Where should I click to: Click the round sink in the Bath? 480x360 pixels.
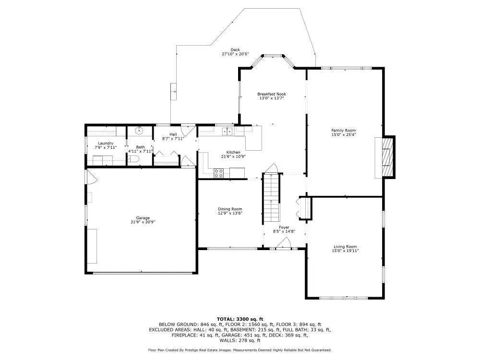click(139, 131)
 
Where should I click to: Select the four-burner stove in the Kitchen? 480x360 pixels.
click(218, 173)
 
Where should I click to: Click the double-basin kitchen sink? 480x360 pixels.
click(228, 131)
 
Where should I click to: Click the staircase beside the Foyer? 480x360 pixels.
click(272, 198)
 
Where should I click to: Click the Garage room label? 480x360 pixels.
click(143, 218)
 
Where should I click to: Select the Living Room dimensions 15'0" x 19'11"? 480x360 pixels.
click(345, 251)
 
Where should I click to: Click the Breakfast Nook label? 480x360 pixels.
click(272, 94)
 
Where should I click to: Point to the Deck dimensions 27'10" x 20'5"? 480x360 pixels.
click(235, 54)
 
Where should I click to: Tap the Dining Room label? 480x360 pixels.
click(230, 209)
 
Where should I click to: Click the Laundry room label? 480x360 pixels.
click(106, 143)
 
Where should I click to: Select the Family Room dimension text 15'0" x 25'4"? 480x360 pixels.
click(344, 134)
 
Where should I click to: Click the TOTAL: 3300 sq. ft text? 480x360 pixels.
click(240, 319)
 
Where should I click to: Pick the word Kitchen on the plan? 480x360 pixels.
click(233, 152)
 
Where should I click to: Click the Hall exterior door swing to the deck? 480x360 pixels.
click(188, 131)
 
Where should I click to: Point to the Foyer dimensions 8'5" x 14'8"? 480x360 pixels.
click(284, 232)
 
